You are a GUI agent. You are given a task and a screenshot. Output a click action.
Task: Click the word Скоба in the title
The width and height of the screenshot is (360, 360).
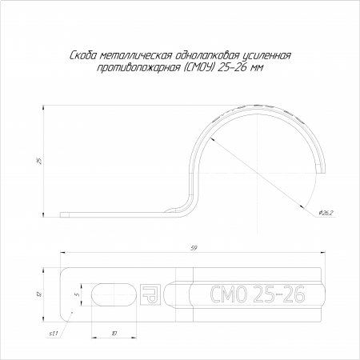click(x=83, y=56)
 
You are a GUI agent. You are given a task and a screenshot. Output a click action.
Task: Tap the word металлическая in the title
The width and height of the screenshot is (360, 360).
click(x=136, y=56)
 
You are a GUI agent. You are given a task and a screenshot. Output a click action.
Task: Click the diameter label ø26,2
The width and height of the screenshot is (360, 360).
click(x=326, y=213)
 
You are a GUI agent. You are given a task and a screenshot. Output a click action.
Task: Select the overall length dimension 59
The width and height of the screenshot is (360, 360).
click(x=194, y=248)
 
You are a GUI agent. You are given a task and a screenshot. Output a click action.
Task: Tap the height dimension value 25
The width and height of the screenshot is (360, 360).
click(x=39, y=162)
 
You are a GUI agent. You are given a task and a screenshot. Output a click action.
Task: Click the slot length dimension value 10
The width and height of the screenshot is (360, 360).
click(x=114, y=334)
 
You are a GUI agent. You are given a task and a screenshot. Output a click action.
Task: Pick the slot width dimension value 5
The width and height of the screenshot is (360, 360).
click(x=78, y=294)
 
